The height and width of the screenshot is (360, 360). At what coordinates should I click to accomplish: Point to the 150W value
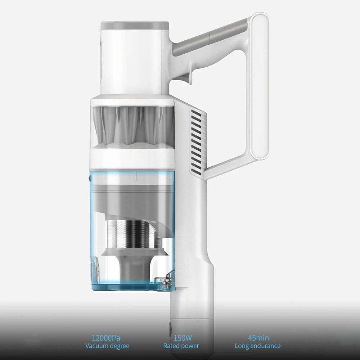(x=183, y=338)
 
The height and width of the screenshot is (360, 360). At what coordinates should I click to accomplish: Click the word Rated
(x=172, y=346)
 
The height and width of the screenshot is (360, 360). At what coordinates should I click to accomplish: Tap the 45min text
(x=258, y=338)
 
